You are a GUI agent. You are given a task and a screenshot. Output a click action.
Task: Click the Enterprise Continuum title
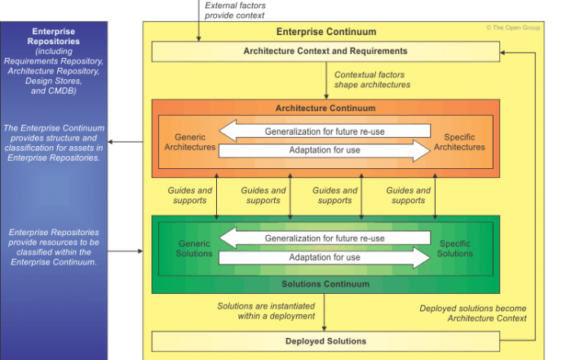pyautogui.click(x=325, y=32)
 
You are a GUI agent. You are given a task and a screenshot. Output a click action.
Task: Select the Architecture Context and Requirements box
pyautogui.click(x=325, y=51)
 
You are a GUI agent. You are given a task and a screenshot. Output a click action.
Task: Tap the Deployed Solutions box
pyautogui.click(x=325, y=341)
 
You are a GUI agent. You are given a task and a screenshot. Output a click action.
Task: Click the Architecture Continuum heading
pyautogui.click(x=325, y=108)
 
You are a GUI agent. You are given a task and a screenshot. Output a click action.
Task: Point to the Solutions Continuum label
pyautogui.click(x=325, y=283)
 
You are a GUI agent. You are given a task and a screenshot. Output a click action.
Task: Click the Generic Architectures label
pyautogui.click(x=189, y=141)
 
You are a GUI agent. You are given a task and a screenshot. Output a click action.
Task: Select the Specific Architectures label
pyautogui.click(x=460, y=141)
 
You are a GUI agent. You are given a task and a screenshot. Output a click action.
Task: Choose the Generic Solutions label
pyautogui.click(x=194, y=248)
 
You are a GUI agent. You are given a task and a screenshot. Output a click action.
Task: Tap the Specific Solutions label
pyautogui.click(x=455, y=248)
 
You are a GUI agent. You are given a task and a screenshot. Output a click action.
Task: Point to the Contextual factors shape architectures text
pyautogui.click(x=372, y=79)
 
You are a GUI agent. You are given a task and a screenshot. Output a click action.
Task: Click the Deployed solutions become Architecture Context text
pyautogui.click(x=473, y=313)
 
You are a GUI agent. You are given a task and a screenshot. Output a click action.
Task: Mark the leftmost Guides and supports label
pyautogui.click(x=189, y=195)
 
